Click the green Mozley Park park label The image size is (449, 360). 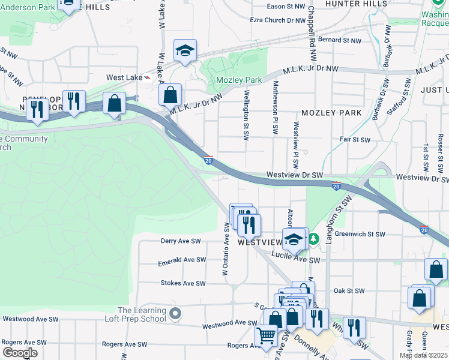point(238,80)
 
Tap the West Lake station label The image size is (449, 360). point(124,77)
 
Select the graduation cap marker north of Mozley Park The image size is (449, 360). point(185,52)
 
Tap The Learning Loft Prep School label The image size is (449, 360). point(142,314)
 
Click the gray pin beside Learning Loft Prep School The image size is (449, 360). point(175,313)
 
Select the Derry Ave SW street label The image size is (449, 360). point(180,241)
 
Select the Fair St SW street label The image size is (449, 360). point(355,139)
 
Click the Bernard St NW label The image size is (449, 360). point(340,40)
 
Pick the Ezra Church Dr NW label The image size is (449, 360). point(279,20)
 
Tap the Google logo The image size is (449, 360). point(20,353)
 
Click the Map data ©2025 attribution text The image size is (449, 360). point(423,355)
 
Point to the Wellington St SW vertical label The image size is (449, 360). point(246,115)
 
